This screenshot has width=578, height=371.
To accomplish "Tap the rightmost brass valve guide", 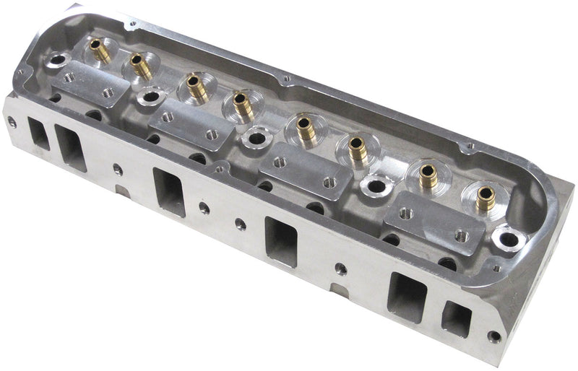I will (x=486, y=197).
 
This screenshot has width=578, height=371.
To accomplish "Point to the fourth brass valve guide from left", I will (x=242, y=105).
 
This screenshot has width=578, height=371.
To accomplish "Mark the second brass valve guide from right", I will (x=428, y=175).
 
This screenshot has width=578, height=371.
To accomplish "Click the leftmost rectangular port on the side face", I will (x=38, y=134).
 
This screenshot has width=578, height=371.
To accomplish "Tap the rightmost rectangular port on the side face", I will (x=456, y=318).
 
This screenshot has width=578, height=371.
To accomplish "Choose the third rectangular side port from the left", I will (x=169, y=191).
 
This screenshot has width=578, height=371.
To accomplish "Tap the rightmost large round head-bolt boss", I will (x=509, y=238).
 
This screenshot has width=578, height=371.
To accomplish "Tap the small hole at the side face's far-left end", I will (x=12, y=123).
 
